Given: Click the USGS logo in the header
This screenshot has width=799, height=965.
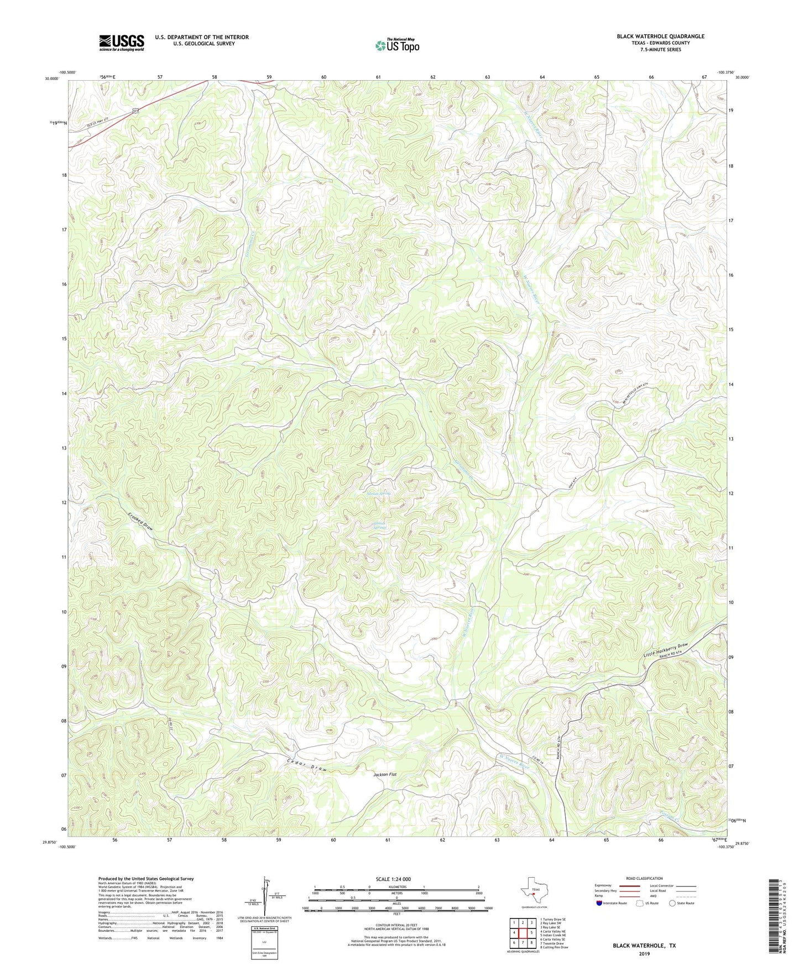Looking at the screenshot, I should pyautogui.click(x=121, y=43).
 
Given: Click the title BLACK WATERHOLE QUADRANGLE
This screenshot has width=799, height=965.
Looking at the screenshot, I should pyautogui.click(x=661, y=36).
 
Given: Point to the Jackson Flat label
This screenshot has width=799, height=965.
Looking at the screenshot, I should pyautogui.click(x=385, y=775).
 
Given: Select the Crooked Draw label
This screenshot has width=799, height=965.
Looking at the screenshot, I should pyautogui.click(x=140, y=521).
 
